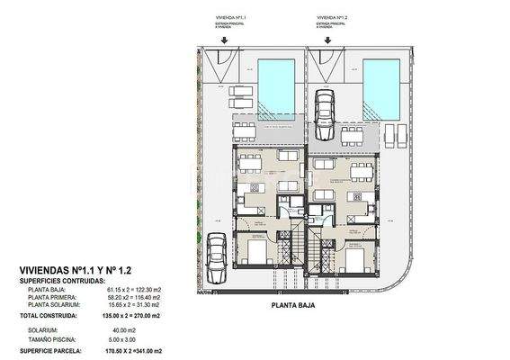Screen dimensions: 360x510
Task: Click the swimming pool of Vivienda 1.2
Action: (x=382, y=86)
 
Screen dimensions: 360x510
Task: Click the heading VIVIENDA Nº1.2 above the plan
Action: (x=333, y=16)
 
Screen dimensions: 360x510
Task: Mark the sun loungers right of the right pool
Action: (x=396, y=135)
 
